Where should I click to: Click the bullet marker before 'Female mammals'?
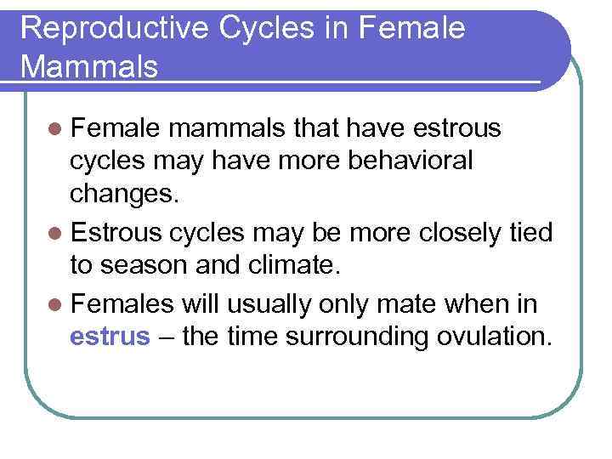click(x=55, y=128)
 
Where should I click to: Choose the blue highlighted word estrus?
click(x=110, y=337)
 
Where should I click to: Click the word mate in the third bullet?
click(x=416, y=303)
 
